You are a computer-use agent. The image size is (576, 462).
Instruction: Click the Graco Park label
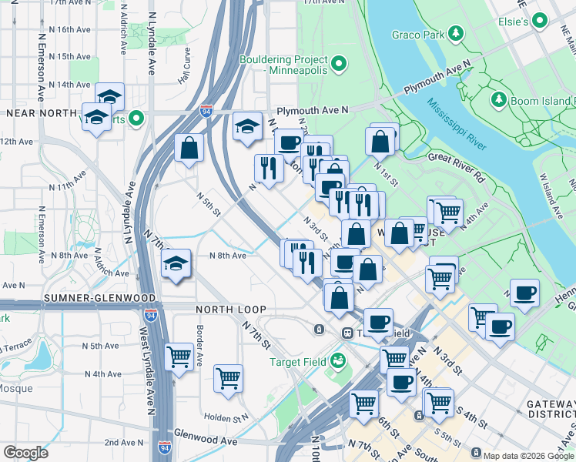pyautogui.click(x=417, y=34)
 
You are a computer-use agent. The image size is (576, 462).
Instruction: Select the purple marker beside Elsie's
pyautogui.click(x=541, y=21)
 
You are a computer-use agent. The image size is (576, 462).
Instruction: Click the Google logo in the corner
pyautogui.click(x=25, y=452)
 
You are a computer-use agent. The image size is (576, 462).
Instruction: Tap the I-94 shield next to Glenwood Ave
pyautogui.click(x=163, y=447)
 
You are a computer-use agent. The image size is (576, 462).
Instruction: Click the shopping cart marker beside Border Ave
pyautogui.click(x=179, y=357)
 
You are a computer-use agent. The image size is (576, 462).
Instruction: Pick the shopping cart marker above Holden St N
pyautogui.click(x=229, y=378)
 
